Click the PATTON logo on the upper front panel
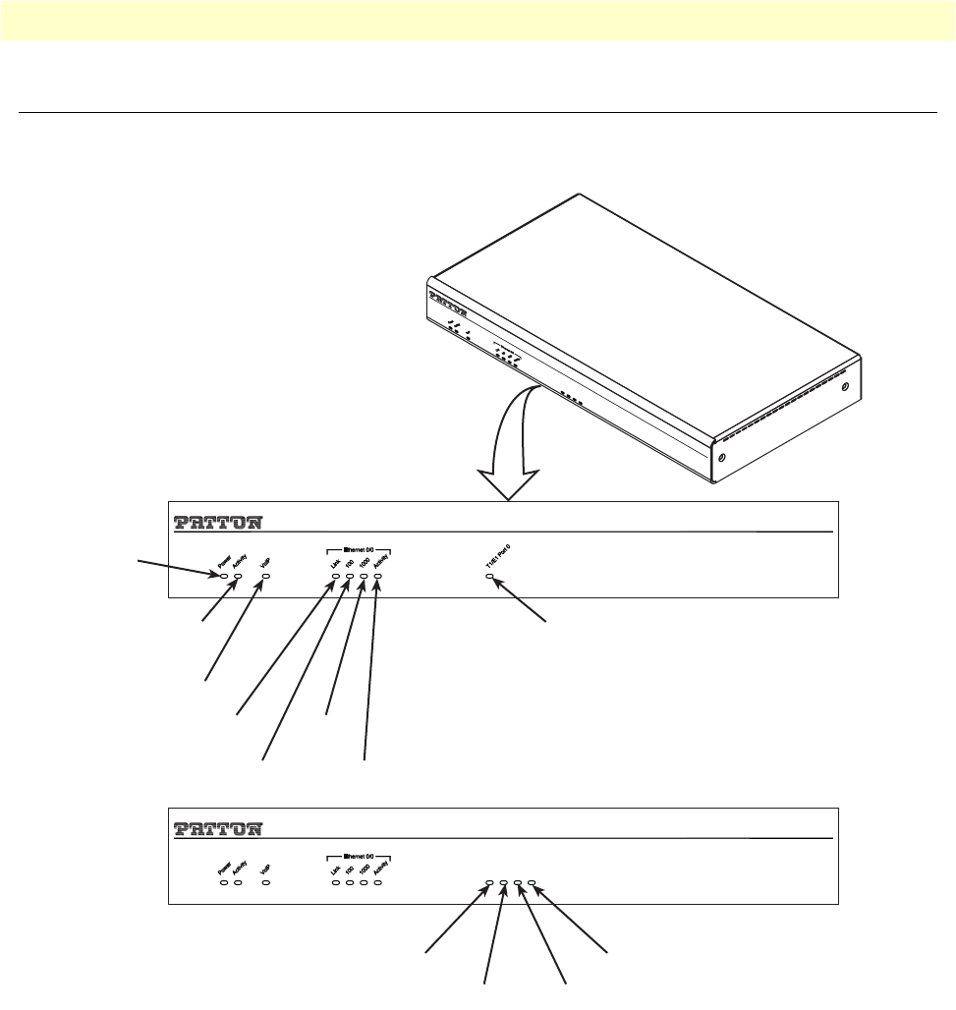pyautogui.click(x=217, y=521)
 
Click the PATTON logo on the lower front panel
pyautogui.click(x=217, y=828)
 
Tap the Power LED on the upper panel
pyautogui.click(x=224, y=576)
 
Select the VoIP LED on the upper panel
pyautogui.click(x=265, y=576)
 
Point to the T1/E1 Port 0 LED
pyautogui.click(x=490, y=576)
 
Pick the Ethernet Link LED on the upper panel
pyautogui.click(x=336, y=576)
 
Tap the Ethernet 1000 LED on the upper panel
pyautogui.click(x=364, y=576)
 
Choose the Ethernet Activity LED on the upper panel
pyautogui.click(x=377, y=576)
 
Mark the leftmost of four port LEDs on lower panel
pyautogui.click(x=489, y=883)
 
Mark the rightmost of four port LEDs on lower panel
pyautogui.click(x=532, y=883)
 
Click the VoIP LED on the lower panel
pyautogui.click(x=265, y=883)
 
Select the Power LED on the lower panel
pyautogui.click(x=224, y=883)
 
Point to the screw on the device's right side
pyautogui.click(x=845, y=386)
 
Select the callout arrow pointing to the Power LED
pyautogui.click(x=177, y=568)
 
